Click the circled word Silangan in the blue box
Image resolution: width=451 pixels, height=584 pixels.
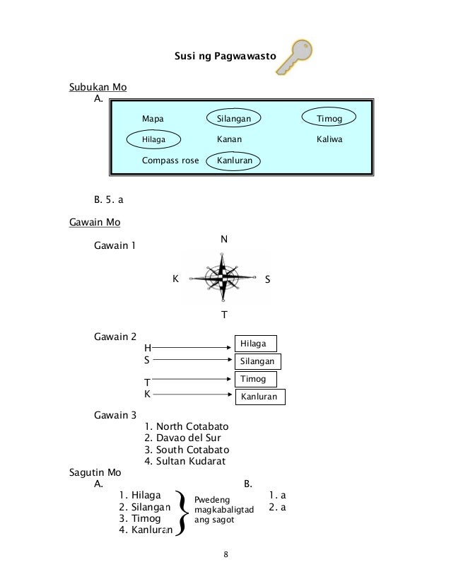pos(234,119)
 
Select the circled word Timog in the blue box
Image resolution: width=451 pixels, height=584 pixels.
pos(329,119)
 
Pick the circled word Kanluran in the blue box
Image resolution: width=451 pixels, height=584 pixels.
pos(233,160)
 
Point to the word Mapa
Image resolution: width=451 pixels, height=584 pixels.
pos(153,119)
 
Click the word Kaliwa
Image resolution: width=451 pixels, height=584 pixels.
pos(328,140)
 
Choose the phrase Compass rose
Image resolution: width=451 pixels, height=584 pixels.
pos(170,160)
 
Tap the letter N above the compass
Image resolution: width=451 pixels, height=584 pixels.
pos(224,240)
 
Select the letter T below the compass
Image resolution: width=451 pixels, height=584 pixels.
pos(224,314)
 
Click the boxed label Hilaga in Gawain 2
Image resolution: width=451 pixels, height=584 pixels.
pos(254,344)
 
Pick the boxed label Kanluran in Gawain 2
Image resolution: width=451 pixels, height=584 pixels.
pos(259,397)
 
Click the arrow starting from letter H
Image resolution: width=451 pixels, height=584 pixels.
pos(194,347)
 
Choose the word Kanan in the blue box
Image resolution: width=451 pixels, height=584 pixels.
pos(229,140)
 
